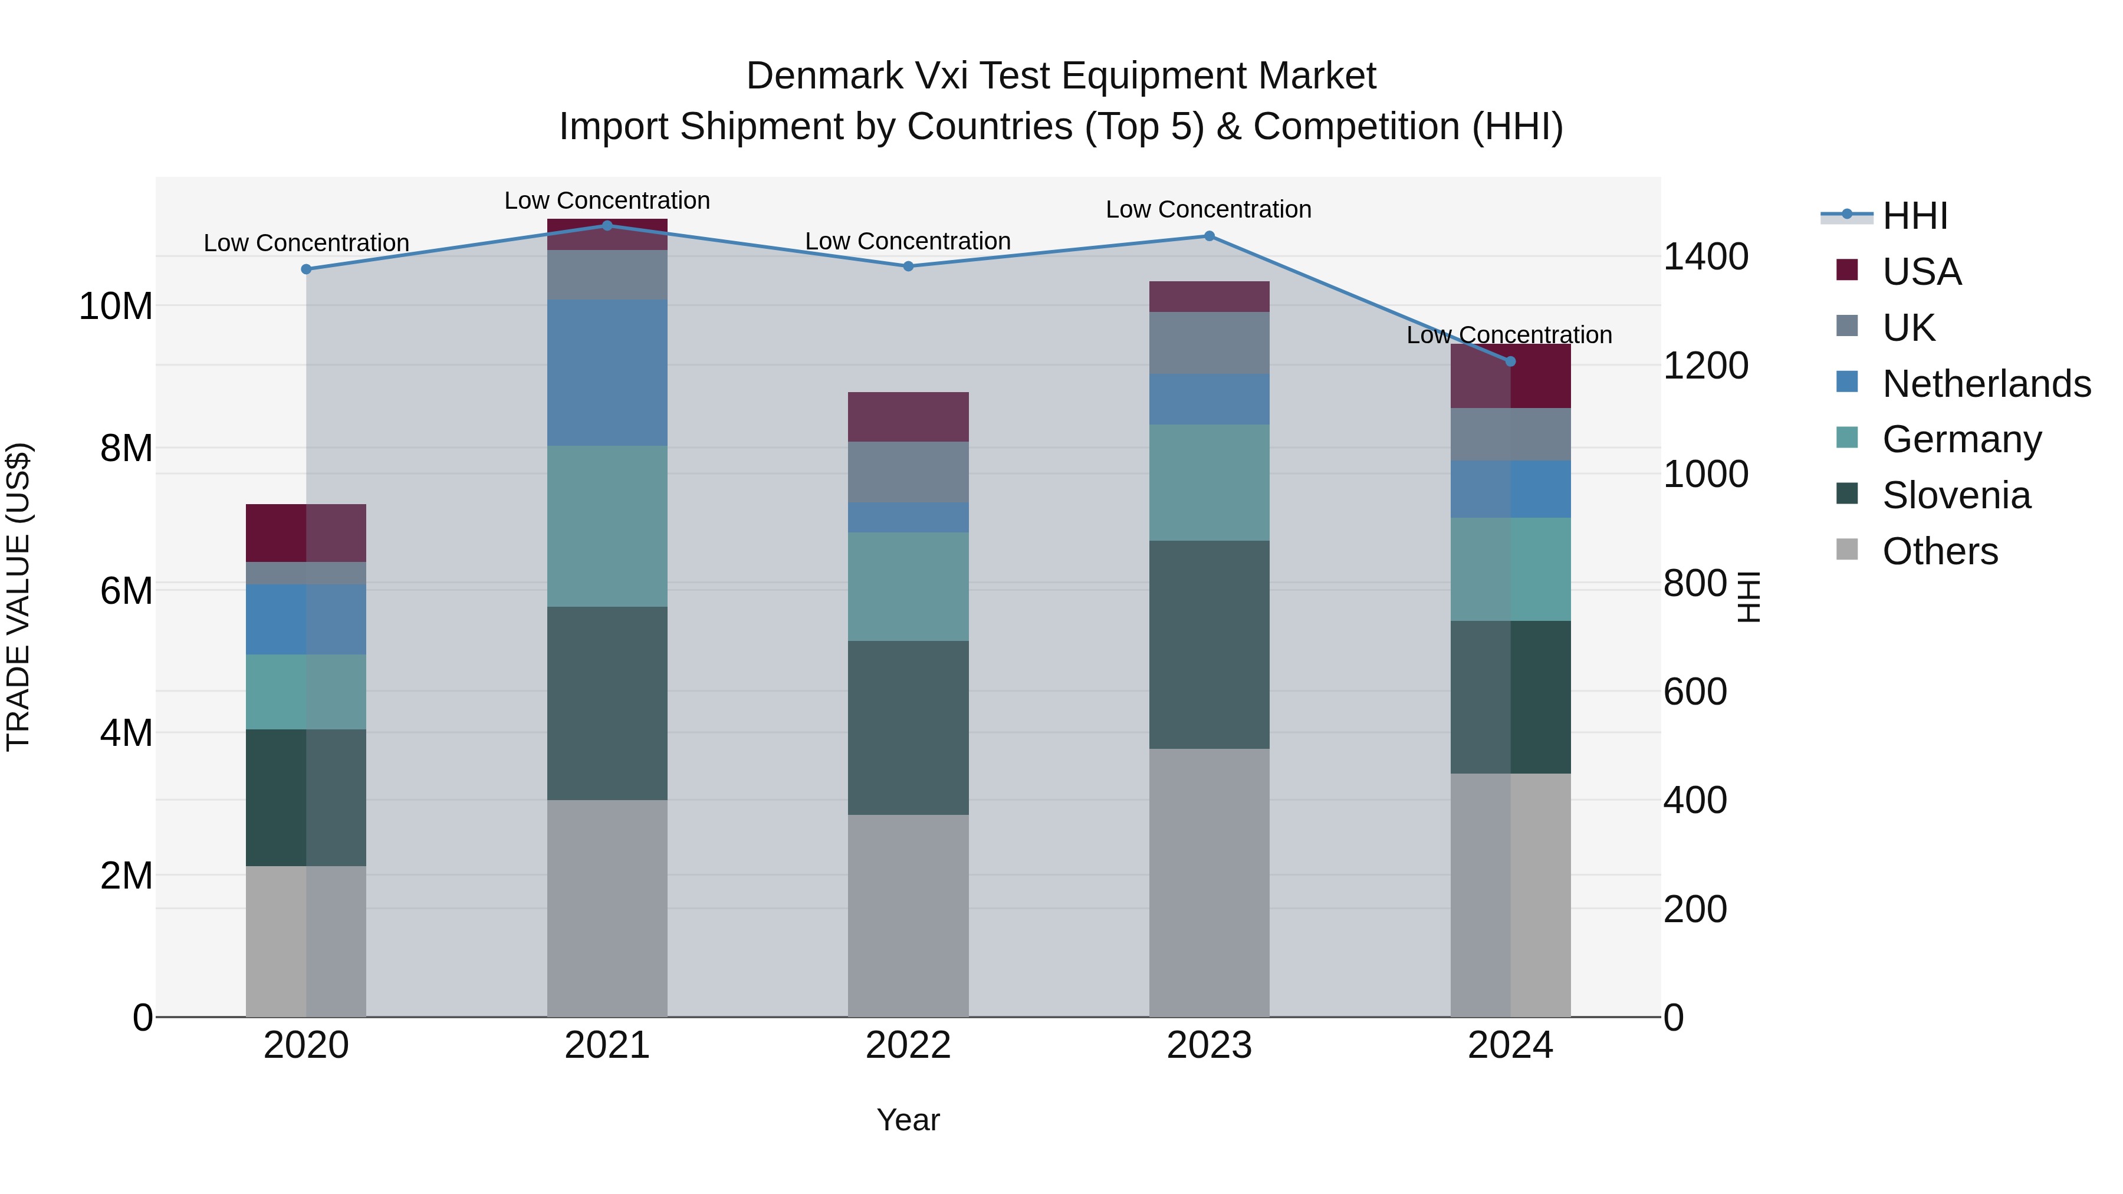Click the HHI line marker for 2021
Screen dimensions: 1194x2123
[x=607, y=225]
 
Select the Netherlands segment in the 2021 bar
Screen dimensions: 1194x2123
[x=607, y=373]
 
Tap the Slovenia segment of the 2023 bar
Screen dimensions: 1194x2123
[x=1209, y=644]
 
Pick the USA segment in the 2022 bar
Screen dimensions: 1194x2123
[x=908, y=417]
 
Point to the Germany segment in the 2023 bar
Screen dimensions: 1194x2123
[x=1209, y=482]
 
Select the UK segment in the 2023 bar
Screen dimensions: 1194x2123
[x=1209, y=343]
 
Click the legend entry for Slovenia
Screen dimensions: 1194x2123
[x=1956, y=495]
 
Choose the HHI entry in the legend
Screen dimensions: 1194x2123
[x=1914, y=216]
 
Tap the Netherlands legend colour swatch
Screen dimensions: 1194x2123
[x=1847, y=382]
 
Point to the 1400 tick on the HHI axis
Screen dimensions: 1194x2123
[x=1705, y=256]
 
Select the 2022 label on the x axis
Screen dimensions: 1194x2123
[x=908, y=1045]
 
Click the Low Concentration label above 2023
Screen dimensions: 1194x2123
[x=1208, y=209]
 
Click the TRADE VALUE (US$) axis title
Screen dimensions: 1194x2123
[x=18, y=597]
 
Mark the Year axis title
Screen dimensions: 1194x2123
[x=908, y=1120]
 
